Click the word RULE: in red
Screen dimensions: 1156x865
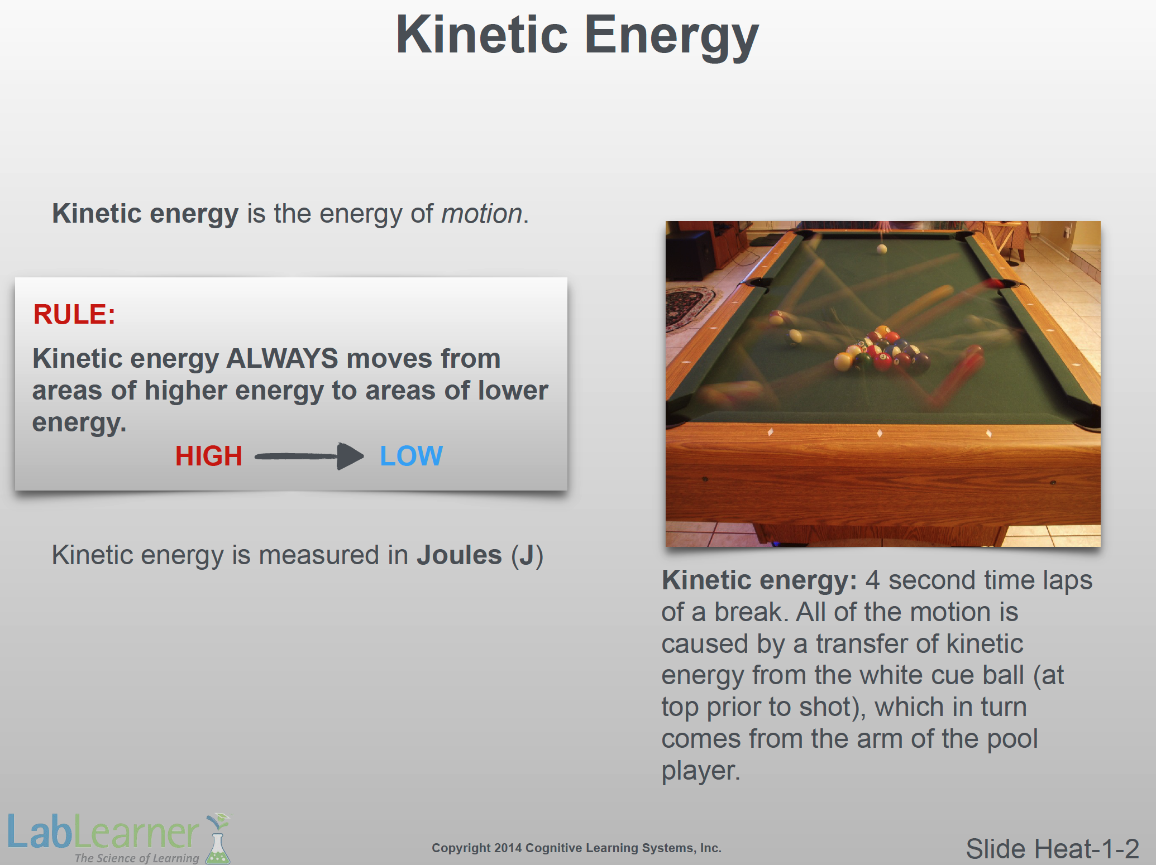coord(74,314)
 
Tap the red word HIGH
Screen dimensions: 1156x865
coord(209,456)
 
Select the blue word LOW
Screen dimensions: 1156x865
coord(411,456)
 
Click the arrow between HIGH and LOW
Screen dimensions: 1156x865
coord(309,456)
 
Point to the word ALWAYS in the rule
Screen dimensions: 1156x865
coord(282,358)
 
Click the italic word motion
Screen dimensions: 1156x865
coord(482,214)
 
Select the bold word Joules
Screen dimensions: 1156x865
coord(459,555)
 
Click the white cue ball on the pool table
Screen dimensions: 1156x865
coord(881,249)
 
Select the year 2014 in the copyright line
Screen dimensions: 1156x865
coord(508,848)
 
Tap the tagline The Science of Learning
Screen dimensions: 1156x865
coord(137,858)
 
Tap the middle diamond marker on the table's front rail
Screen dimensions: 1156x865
coord(880,433)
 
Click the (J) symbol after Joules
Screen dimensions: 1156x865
coord(527,556)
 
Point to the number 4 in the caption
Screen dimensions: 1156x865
coord(873,580)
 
